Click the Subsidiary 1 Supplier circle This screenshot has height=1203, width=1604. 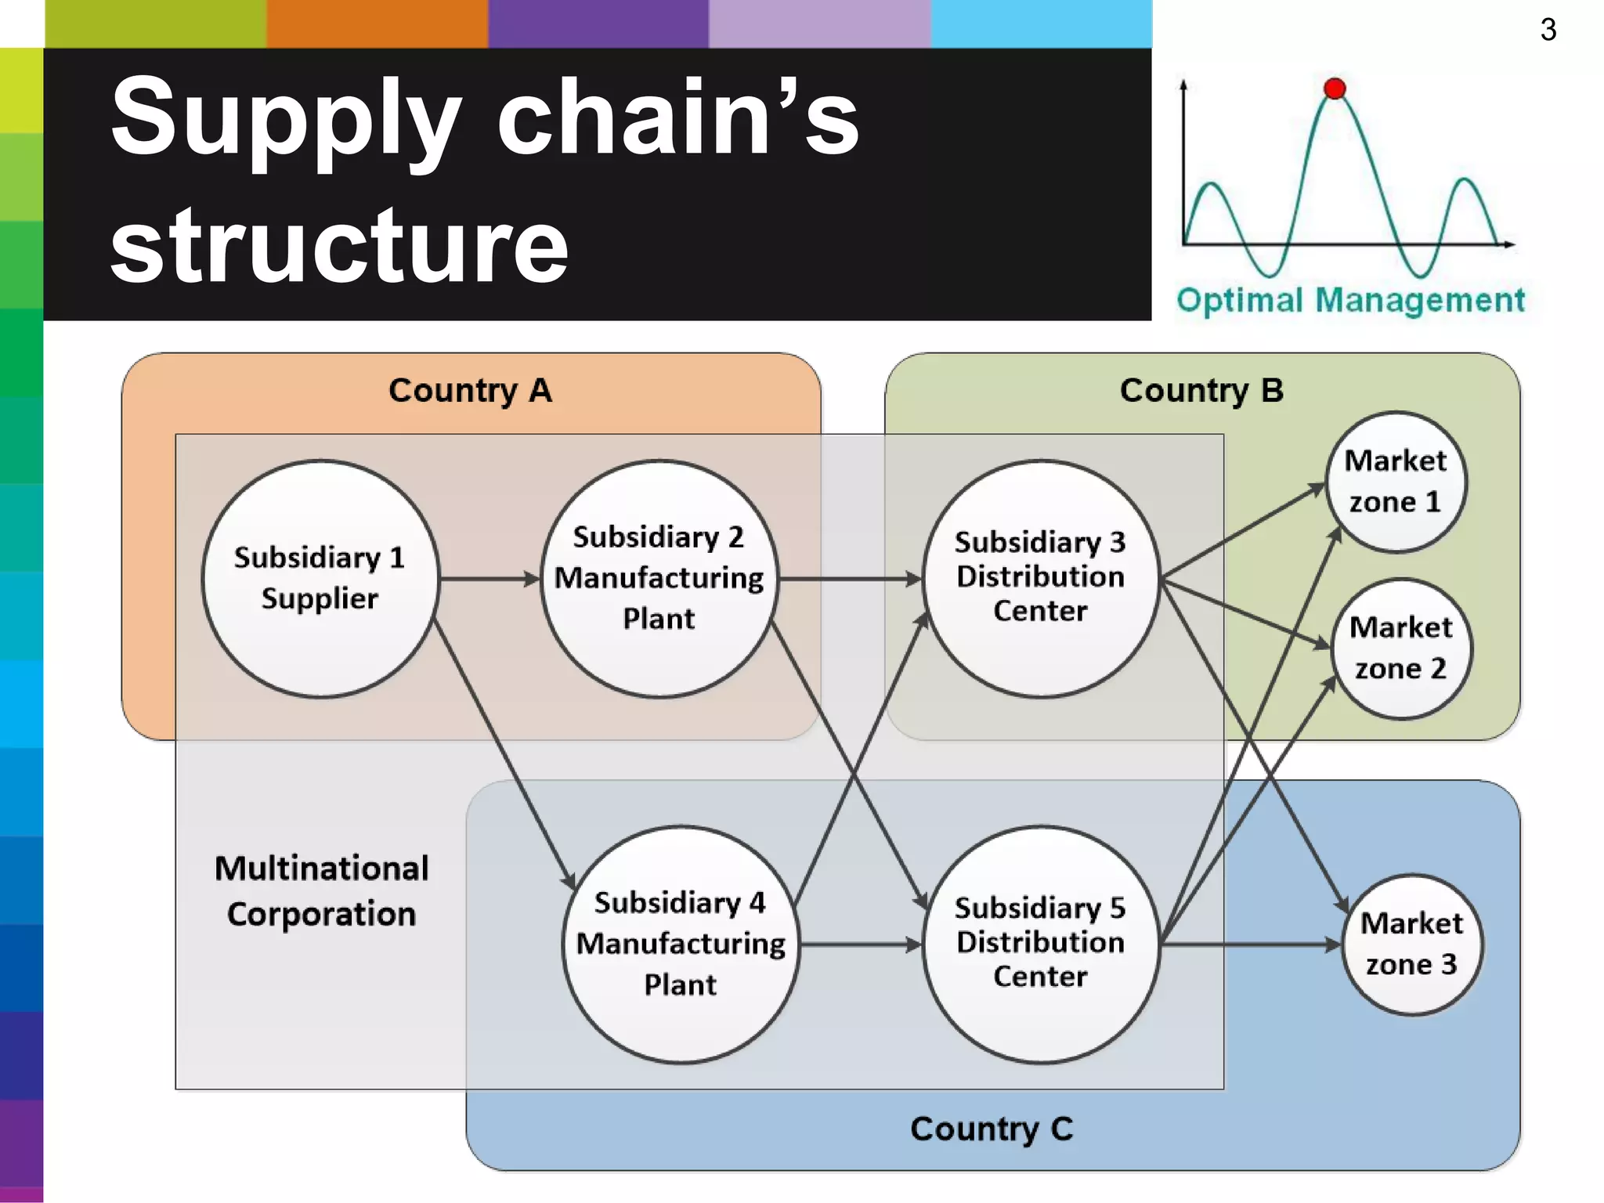point(320,578)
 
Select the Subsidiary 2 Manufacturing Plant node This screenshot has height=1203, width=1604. point(659,578)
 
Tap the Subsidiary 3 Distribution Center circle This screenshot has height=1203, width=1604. point(1040,578)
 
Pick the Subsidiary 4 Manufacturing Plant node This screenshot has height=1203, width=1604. point(681,944)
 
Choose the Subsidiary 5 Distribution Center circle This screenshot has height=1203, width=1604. point(1040,944)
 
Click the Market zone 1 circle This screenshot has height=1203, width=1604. point(1396,481)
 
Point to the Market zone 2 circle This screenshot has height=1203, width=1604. point(1401,648)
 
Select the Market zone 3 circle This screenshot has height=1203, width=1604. point(1411,944)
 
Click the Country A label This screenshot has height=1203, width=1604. point(471,390)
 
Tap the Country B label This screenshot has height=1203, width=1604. point(1201,390)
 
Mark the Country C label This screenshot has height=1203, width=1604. point(992,1129)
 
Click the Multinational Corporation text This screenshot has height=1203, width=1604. point(321,891)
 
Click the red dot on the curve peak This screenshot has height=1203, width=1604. point(1335,89)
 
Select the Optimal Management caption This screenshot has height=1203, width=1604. point(1350,300)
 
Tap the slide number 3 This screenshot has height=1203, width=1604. point(1548,30)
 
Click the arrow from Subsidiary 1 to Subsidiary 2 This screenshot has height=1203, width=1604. point(490,579)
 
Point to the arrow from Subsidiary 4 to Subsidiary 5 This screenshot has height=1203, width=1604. point(860,945)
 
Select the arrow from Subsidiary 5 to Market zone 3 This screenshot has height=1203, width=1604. point(1250,945)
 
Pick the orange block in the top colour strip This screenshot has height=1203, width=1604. point(377,23)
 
